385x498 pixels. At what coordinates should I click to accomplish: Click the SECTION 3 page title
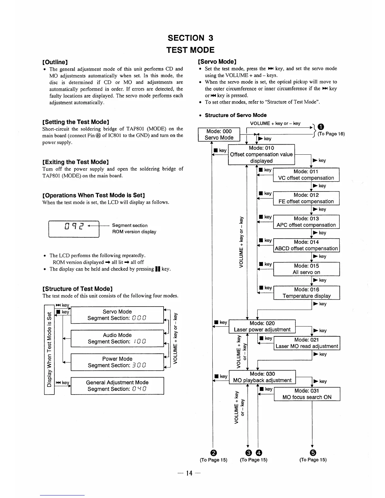point(190,38)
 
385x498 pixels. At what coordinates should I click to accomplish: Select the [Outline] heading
point(55,62)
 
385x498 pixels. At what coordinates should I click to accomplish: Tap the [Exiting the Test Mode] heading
point(75,162)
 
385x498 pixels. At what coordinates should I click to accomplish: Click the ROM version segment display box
point(74,229)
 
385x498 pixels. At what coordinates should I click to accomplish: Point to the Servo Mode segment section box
point(117,315)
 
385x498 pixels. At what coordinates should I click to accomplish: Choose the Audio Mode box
point(117,338)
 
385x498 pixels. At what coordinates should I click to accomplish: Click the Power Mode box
point(117,362)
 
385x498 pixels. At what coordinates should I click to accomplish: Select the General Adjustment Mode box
point(117,386)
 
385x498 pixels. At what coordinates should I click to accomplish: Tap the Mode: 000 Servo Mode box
point(219,135)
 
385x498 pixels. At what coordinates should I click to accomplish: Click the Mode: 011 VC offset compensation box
point(306,175)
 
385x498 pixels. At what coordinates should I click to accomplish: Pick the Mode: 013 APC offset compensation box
point(306,222)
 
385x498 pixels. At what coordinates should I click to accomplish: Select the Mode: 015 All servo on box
point(306,269)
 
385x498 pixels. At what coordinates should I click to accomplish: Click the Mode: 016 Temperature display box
point(307,293)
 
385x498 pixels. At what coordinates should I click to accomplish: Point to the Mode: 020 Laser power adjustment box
point(262,326)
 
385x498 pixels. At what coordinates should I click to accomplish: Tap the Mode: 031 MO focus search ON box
point(307,394)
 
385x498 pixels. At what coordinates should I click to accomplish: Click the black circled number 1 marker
point(320,127)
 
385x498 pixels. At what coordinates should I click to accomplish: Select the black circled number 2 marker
point(214,453)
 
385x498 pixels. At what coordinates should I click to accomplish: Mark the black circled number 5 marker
point(313,453)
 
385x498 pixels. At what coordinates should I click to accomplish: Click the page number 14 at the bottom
point(189,473)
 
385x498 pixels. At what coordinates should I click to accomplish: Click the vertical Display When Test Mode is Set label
point(49,349)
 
